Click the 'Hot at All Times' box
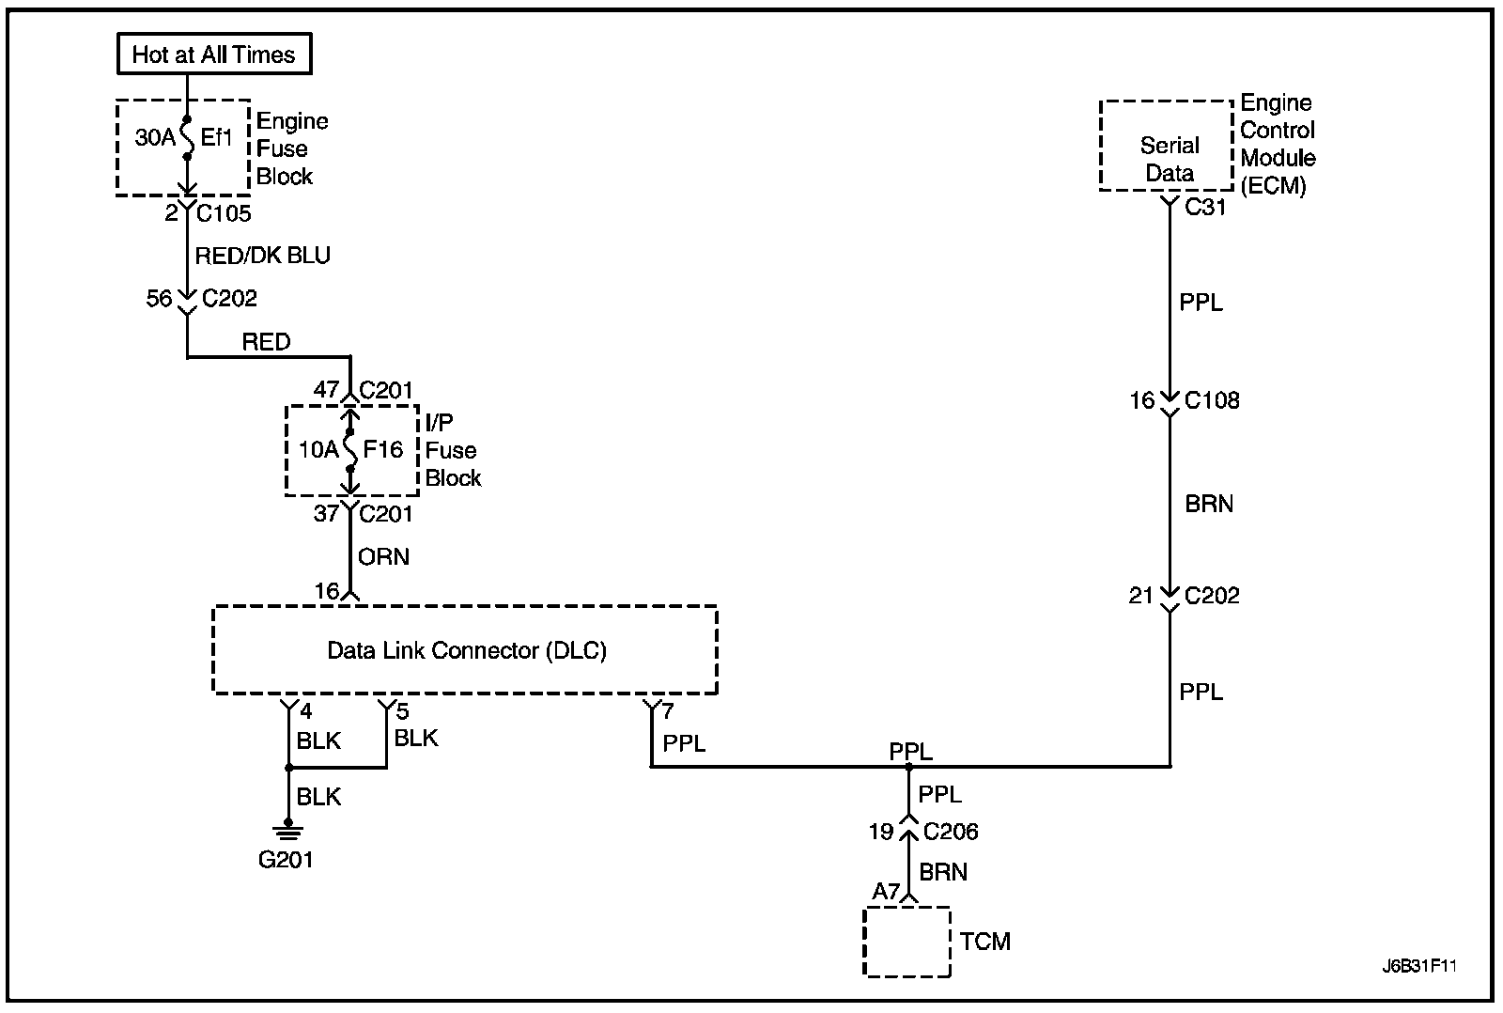pos(213,55)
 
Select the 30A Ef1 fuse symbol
pos(187,138)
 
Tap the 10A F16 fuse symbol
pos(349,449)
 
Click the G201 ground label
pos(286,859)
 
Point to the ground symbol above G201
pos(287,829)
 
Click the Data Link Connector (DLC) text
pos(466,650)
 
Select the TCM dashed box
pos(906,942)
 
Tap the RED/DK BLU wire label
pos(262,256)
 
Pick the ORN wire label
pos(383,556)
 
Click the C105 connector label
pos(224,213)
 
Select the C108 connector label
pos(1212,400)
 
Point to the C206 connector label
pos(951,832)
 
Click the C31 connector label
pos(1205,208)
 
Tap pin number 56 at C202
pos(159,299)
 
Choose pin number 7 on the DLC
pos(667,712)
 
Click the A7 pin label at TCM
pos(885,891)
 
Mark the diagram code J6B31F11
pos(1418,966)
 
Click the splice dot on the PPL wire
pos(908,767)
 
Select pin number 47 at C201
pos(326,389)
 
